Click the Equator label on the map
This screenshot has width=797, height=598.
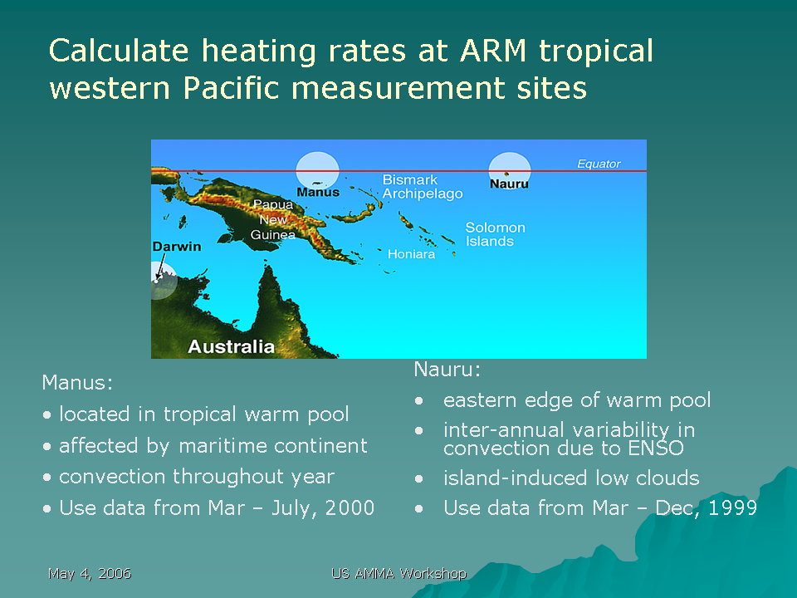click(x=599, y=164)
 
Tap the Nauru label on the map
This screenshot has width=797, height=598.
click(x=509, y=184)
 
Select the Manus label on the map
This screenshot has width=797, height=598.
click(x=318, y=192)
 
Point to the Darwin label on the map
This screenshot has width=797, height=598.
click(x=176, y=247)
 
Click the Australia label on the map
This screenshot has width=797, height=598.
click(x=232, y=347)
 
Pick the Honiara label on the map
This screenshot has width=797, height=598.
click(x=411, y=254)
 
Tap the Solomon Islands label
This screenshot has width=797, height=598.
click(x=495, y=234)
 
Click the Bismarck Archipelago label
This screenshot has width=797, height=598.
click(x=423, y=187)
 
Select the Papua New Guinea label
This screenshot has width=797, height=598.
click(x=273, y=219)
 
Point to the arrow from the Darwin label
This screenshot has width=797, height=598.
click(x=160, y=267)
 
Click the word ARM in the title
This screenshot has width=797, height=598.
click(x=492, y=51)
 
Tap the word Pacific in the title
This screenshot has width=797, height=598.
click(x=232, y=88)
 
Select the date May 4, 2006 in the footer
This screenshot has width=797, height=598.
click(x=90, y=574)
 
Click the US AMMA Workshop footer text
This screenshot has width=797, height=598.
click(x=399, y=574)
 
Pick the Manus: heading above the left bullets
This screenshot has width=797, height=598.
click(x=77, y=382)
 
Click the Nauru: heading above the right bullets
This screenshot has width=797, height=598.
click(x=447, y=369)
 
